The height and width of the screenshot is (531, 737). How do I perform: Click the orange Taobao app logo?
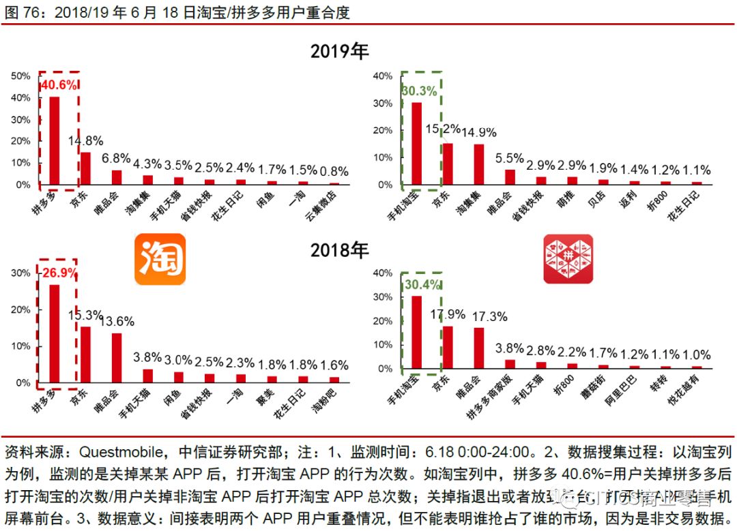[x=160, y=260]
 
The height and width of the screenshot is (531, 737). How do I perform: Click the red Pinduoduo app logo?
[x=568, y=259]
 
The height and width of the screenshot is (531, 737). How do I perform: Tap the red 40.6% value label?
[x=59, y=86]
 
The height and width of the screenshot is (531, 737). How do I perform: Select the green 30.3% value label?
[x=419, y=91]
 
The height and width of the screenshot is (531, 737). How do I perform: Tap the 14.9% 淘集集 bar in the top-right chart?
[x=479, y=164]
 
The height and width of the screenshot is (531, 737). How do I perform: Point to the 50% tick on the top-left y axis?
[x=21, y=76]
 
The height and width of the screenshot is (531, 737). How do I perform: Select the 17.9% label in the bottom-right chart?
[x=448, y=314]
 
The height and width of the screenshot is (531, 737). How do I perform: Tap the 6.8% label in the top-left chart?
[x=117, y=158]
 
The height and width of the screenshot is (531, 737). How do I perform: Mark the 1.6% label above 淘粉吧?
[x=334, y=365]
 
